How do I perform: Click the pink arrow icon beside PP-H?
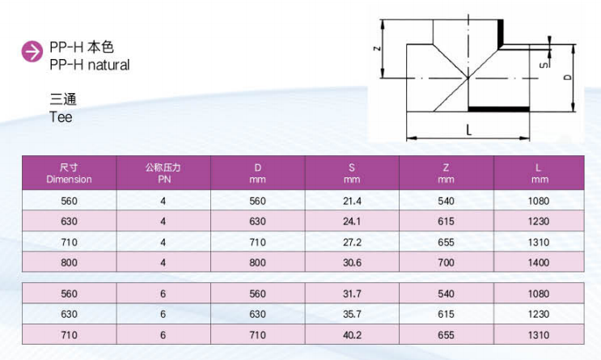(32, 51)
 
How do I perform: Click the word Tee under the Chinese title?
(61, 117)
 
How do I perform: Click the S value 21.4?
(352, 201)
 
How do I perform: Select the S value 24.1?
(352, 221)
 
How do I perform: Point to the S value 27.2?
(352, 243)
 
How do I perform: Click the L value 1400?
(539, 263)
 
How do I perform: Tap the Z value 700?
(446, 263)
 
